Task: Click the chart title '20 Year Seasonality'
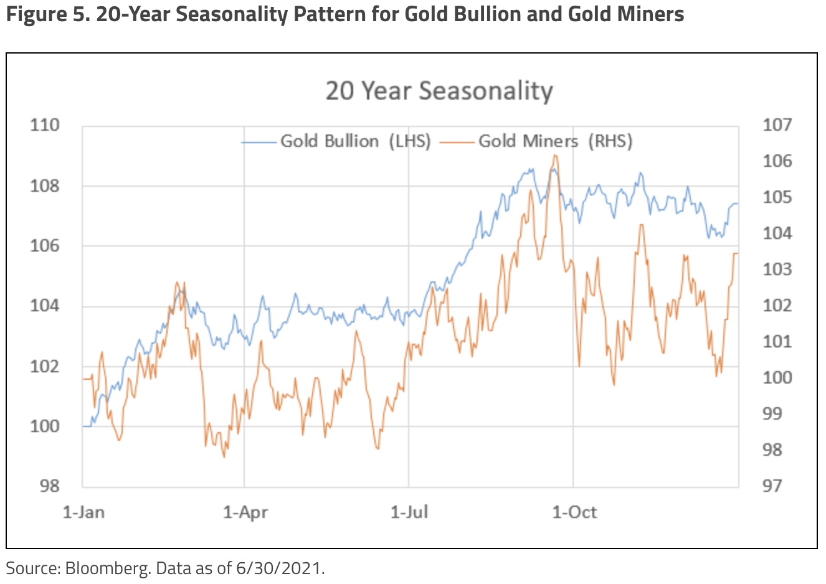coord(439,91)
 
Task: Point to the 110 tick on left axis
coord(45,125)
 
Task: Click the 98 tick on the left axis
coord(49,486)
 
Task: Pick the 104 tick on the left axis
coord(45,306)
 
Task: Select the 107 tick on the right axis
coord(777,125)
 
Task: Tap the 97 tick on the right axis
coord(772,486)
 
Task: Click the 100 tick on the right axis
coord(777,377)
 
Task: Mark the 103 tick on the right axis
coord(777,270)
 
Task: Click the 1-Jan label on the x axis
coord(83,512)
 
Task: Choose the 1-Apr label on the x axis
coord(245,512)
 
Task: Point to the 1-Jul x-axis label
coord(409,512)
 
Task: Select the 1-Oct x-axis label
coord(574,512)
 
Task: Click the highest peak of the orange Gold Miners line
coord(554,156)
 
